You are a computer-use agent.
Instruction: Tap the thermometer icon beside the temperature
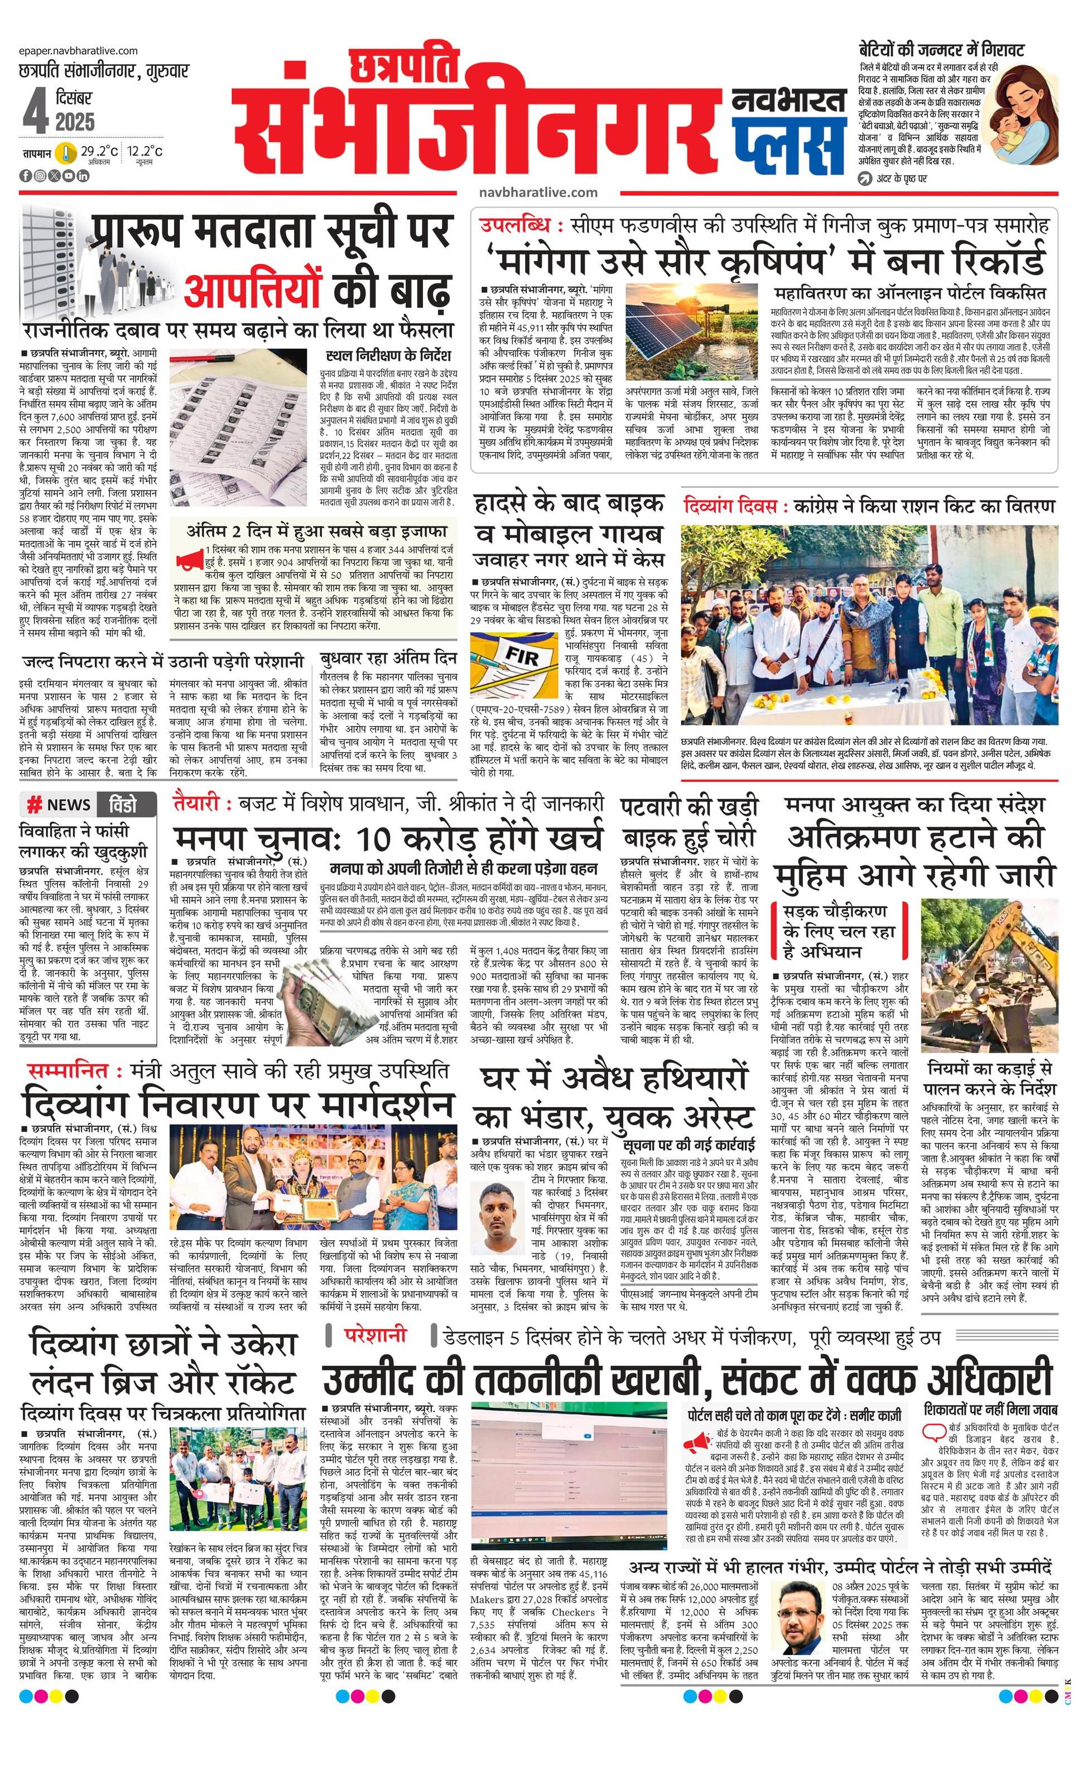pos(67,152)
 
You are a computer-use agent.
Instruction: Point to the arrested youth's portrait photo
pos(501,1218)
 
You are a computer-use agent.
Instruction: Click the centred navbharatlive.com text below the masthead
pos(537,192)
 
